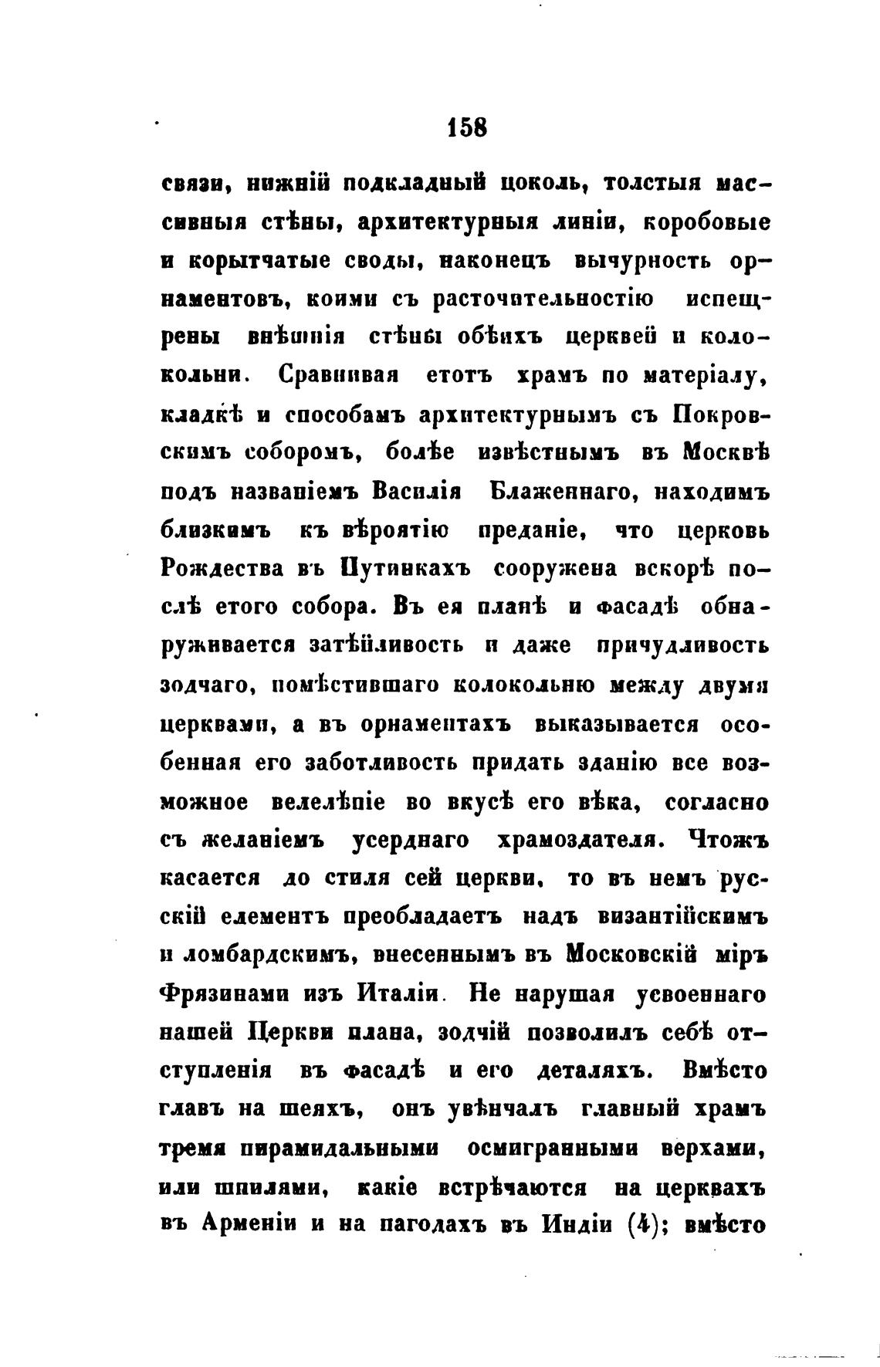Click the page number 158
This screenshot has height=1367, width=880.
pos(467,127)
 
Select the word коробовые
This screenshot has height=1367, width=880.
pos(706,223)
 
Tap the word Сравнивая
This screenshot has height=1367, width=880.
pos(337,377)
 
